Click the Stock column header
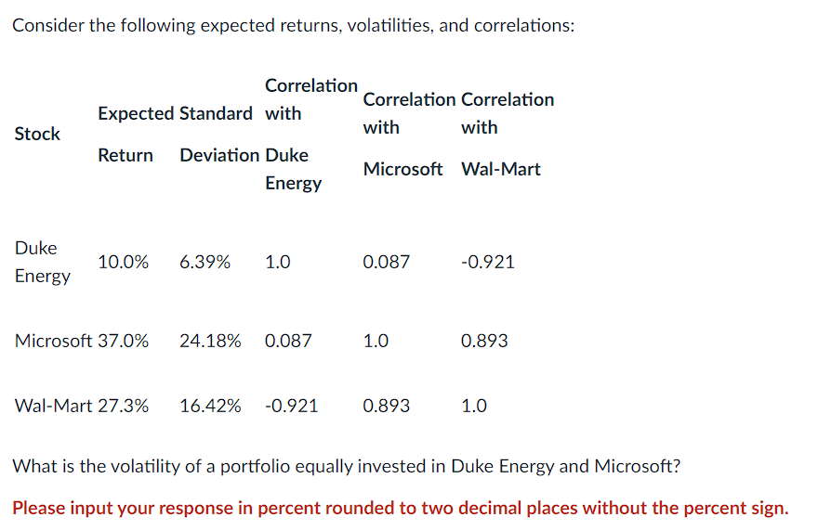click(37, 134)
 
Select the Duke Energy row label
click(42, 262)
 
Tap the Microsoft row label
click(53, 341)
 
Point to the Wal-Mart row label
click(53, 406)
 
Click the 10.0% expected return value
click(123, 262)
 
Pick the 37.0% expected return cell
click(123, 341)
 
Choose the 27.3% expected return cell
click(123, 406)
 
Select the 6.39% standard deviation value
click(204, 262)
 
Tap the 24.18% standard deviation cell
click(210, 341)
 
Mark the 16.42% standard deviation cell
click(210, 406)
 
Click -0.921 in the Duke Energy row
click(487, 262)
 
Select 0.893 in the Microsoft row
click(484, 341)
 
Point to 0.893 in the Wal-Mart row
click(386, 406)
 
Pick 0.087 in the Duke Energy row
click(386, 262)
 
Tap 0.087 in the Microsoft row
click(288, 341)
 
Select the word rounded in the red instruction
click(383, 508)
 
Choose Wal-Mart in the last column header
click(500, 169)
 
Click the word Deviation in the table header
click(219, 155)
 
